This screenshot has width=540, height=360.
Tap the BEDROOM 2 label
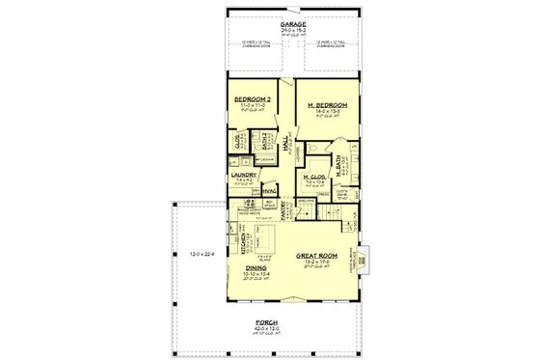point(251,99)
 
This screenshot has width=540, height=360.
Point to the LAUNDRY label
point(243,175)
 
